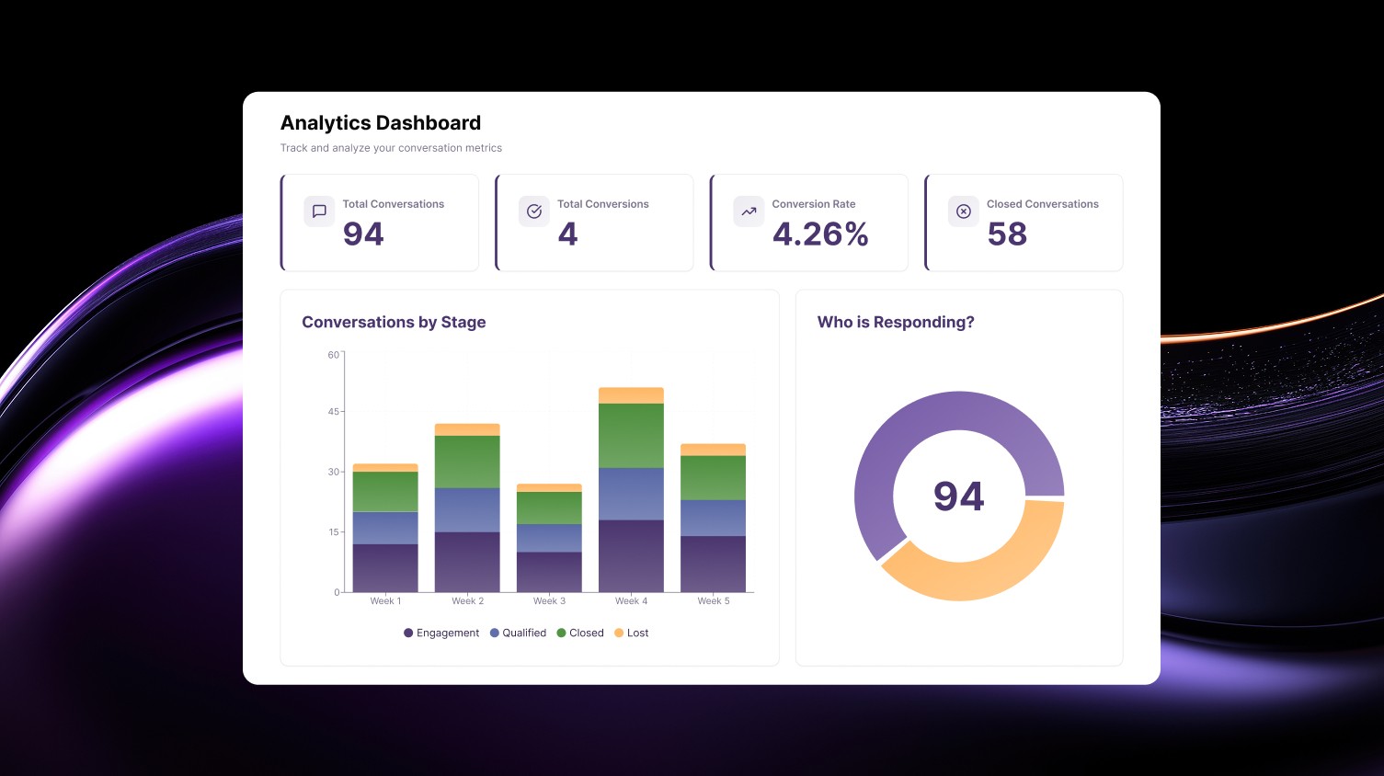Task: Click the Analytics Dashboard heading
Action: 380,123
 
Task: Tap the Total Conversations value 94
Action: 363,234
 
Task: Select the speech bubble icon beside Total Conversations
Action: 319,211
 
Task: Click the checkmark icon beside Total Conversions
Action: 534,211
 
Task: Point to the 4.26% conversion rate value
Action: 820,234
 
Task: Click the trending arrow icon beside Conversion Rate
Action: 749,211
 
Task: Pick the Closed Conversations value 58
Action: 1007,234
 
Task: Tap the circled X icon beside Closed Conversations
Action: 964,211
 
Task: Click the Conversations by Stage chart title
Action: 394,323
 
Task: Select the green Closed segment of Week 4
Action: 631,436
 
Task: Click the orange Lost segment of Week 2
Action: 467,429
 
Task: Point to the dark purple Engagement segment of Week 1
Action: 385,567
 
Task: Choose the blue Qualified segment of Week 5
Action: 713,518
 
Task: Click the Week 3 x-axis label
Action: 549,601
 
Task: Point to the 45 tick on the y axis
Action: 333,412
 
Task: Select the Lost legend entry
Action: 632,633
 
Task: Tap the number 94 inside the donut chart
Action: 958,496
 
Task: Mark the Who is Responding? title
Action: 896,323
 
